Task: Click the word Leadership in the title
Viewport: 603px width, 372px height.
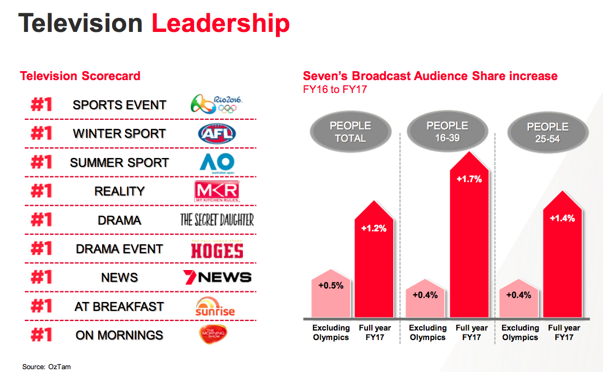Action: pos(221,24)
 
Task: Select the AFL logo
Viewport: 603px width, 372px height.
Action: pos(217,133)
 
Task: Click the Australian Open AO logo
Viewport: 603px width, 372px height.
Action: pos(217,162)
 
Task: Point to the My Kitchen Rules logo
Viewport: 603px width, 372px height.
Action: pos(217,192)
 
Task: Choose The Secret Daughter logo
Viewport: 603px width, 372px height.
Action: pos(217,220)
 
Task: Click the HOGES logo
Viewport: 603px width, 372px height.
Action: pos(217,249)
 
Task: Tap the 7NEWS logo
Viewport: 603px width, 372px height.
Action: pos(217,277)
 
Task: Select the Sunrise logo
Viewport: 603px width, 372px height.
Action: pos(215,306)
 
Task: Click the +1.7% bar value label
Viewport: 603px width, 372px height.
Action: pos(468,180)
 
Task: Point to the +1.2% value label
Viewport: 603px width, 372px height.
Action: pos(374,229)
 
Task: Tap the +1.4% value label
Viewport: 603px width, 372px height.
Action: pos(562,218)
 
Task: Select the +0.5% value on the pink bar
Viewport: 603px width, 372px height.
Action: pos(330,285)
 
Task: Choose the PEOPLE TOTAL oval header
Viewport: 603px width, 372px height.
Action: pos(351,132)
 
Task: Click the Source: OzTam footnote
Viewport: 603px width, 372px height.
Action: pos(47,366)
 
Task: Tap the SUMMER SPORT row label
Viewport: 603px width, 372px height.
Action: pos(119,162)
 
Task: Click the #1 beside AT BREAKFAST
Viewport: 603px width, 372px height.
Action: pos(41,306)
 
